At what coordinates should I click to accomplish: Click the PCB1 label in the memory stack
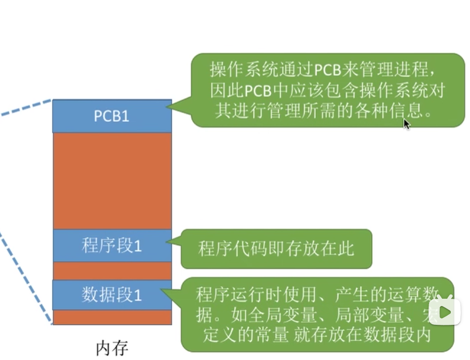[x=112, y=116]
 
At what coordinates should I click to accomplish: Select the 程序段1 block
[x=112, y=246]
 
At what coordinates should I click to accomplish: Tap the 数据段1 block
[x=112, y=294]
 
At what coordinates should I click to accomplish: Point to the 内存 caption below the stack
[x=112, y=348]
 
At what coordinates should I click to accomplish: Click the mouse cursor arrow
[x=406, y=124]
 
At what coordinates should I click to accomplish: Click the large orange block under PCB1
[x=112, y=181]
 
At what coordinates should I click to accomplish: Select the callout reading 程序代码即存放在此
[x=276, y=249]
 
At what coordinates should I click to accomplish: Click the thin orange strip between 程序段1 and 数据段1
[x=112, y=271]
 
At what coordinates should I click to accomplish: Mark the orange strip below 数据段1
[x=112, y=317]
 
